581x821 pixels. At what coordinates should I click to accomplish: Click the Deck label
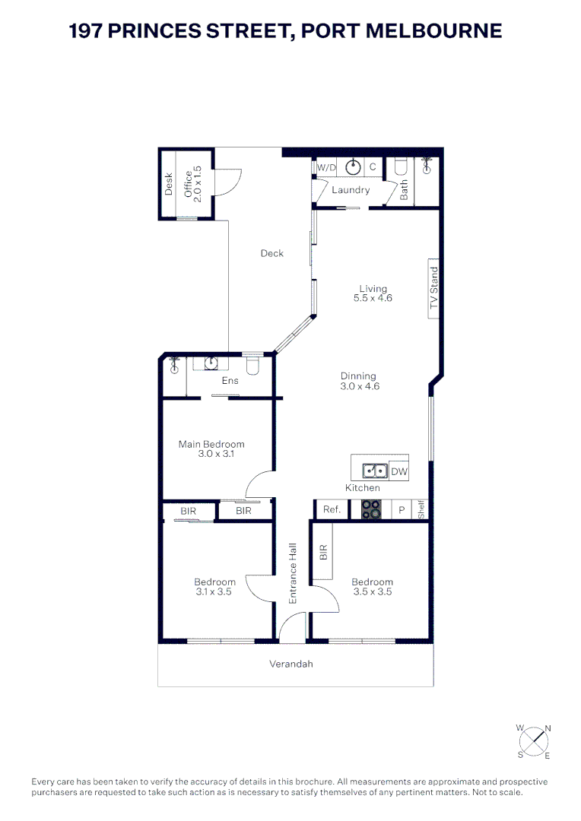pos(271,253)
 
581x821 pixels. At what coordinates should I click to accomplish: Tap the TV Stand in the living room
pos(434,290)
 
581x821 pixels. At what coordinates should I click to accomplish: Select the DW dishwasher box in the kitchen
pos(399,472)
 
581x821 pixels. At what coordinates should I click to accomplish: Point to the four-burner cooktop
pos(370,510)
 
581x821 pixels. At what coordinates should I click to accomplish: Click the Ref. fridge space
pos(332,510)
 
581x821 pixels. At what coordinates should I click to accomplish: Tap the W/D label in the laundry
pos(326,167)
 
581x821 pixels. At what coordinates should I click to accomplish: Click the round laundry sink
pos(354,167)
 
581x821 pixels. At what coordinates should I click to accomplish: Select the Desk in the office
pos(169,183)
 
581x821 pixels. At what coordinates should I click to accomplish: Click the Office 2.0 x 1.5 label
pos(193,183)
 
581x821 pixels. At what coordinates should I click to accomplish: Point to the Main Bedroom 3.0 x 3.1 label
pos(211,449)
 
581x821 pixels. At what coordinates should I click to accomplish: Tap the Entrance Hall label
pos(292,573)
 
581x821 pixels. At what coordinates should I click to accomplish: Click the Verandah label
pos(291,664)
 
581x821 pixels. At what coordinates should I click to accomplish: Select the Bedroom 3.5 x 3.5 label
pos(373,587)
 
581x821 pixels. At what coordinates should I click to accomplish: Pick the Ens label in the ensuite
pos(230,381)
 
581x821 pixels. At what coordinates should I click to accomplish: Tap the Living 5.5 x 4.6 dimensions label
pos(373,293)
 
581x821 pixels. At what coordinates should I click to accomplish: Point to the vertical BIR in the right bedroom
pos(322,553)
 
